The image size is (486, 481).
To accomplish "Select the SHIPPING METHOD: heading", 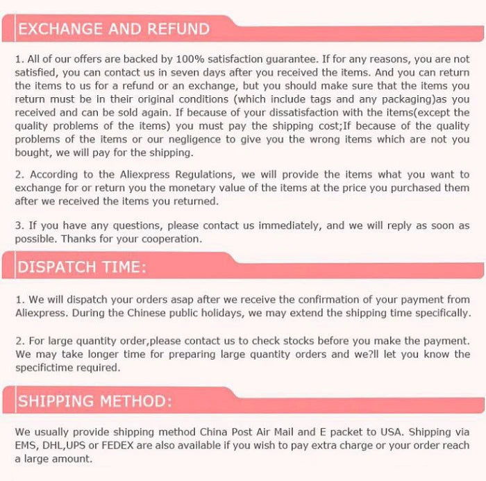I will point(94,402).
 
